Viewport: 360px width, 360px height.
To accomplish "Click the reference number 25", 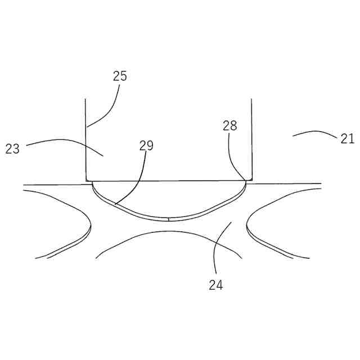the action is coord(120,76).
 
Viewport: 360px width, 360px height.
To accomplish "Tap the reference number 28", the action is coord(229,126).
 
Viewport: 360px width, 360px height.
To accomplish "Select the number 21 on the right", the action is coord(347,138).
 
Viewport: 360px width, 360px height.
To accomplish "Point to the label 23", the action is coord(13,149).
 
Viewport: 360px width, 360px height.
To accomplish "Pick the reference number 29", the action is coord(146,146).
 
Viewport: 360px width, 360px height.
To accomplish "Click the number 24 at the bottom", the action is coord(216,285).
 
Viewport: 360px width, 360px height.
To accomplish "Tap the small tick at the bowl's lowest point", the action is coord(169,218).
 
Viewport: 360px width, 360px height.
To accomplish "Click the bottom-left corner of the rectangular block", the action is coord(86,180).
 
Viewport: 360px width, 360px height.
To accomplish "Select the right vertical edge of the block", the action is coord(251,141).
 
